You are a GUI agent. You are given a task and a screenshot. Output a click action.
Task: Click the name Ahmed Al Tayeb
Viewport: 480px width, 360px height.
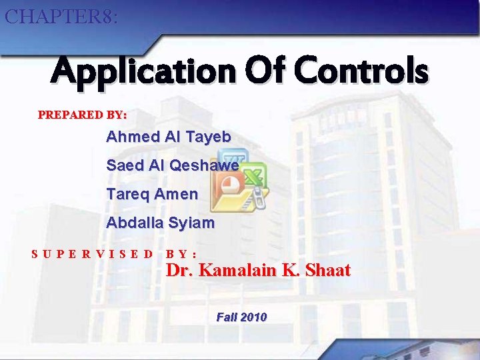click(x=169, y=137)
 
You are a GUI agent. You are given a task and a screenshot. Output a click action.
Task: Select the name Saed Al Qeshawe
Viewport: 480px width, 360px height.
click(x=173, y=165)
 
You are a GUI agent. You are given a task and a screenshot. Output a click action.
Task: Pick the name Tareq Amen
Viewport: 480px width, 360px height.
click(x=152, y=194)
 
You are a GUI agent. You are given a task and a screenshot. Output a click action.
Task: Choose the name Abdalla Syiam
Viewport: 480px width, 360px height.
click(x=160, y=223)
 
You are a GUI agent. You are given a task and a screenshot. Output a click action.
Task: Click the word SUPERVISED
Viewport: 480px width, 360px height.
click(x=93, y=254)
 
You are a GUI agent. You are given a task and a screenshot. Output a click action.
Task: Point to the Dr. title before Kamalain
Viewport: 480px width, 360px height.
click(x=179, y=271)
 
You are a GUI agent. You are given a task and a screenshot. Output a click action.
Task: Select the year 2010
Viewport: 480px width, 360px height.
click(x=254, y=317)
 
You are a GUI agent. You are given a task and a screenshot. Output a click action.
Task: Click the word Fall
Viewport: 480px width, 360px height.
click(x=227, y=317)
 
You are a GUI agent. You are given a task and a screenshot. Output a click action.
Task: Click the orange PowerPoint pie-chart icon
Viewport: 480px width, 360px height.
click(x=231, y=184)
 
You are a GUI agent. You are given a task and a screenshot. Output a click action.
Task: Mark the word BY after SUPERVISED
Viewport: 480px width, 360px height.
click(x=180, y=254)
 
